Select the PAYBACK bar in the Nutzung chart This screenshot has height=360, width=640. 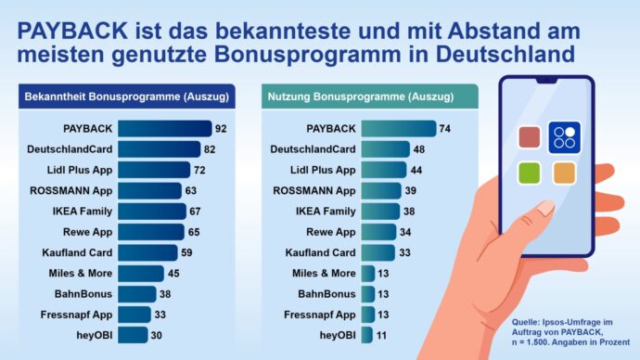[398, 129]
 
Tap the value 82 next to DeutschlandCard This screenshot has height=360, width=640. [210, 149]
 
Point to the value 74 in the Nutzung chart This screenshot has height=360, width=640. [444, 129]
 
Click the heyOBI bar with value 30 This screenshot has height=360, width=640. [133, 335]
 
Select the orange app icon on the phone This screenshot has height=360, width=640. [564, 173]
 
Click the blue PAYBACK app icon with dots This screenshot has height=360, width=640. [564, 137]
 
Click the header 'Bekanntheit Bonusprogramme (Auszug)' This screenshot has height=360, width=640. [126, 96]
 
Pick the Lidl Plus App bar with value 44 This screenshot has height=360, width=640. [383, 170]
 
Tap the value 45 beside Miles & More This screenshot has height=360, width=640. [173, 273]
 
